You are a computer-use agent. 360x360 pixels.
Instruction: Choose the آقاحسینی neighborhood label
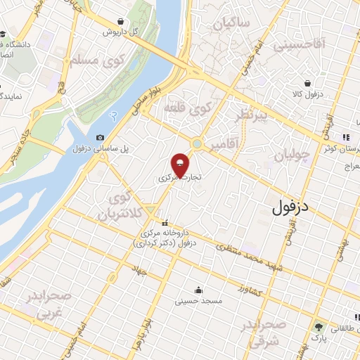pos(300,46)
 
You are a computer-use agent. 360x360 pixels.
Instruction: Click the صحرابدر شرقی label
pos(264,332)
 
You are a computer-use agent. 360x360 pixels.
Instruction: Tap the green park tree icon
pos(319,327)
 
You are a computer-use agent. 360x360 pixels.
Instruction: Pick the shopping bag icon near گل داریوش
pos(122,21)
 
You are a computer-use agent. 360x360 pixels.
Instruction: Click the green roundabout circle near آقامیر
pos(197,144)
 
